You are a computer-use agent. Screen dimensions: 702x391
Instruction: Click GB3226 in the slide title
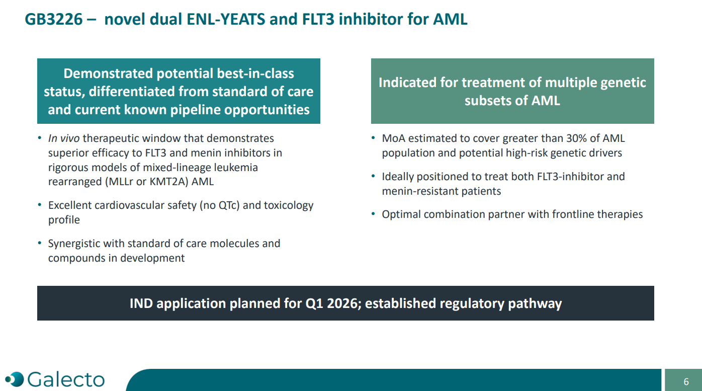tap(54, 19)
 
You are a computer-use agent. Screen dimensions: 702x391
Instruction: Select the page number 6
tap(686, 381)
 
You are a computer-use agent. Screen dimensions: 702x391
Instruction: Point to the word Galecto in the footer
tap(66, 379)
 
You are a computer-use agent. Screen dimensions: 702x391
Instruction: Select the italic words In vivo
tap(64, 138)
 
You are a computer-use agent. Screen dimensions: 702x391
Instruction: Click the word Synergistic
tap(73, 244)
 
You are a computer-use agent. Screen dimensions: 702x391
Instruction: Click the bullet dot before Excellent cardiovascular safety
tap(40, 205)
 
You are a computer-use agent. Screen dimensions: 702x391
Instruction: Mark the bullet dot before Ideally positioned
tap(373, 176)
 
